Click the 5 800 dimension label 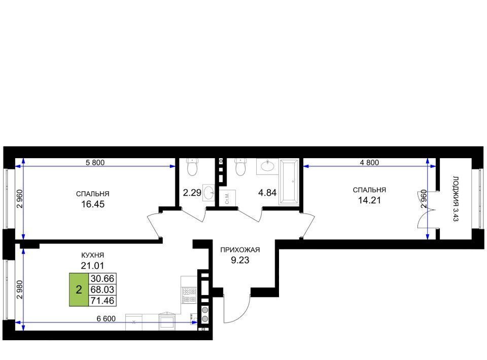(95, 162)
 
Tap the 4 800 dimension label (369, 162)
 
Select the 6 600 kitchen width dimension (106, 319)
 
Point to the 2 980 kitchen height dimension (20, 290)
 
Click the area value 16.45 (92, 204)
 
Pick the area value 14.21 (369, 200)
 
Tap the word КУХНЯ (92, 255)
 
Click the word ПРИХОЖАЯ (240, 249)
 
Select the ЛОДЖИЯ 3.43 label (456, 199)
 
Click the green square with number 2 (79, 290)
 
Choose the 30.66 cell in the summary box (102, 278)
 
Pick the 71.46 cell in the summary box (102, 300)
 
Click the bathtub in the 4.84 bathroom (289, 182)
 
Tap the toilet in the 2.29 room (193, 167)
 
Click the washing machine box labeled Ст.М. (228, 198)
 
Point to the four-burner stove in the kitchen (189, 295)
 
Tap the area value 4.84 (267, 193)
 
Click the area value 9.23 (240, 260)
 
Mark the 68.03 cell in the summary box (102, 290)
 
